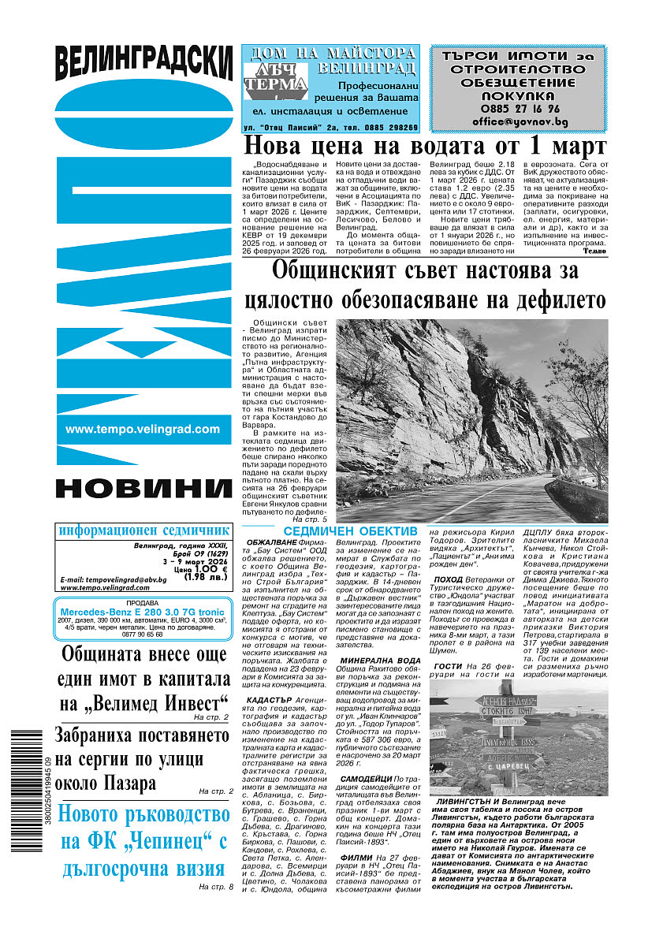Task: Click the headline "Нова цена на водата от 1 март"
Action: tap(424, 147)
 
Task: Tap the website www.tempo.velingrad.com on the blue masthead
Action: tap(143, 430)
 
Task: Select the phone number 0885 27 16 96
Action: tap(518, 109)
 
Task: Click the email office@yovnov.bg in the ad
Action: tap(518, 122)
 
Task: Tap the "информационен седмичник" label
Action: tap(144, 530)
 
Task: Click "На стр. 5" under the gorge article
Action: tap(308, 521)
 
